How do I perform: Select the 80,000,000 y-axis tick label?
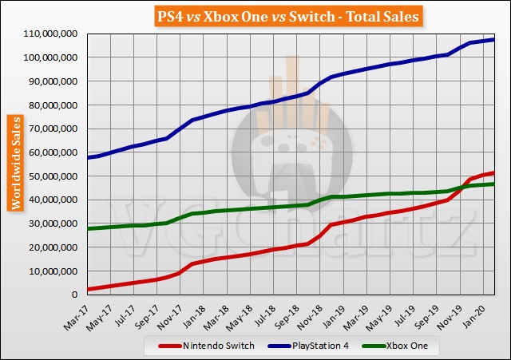[x=50, y=105]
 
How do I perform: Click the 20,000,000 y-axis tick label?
[x=50, y=247]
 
